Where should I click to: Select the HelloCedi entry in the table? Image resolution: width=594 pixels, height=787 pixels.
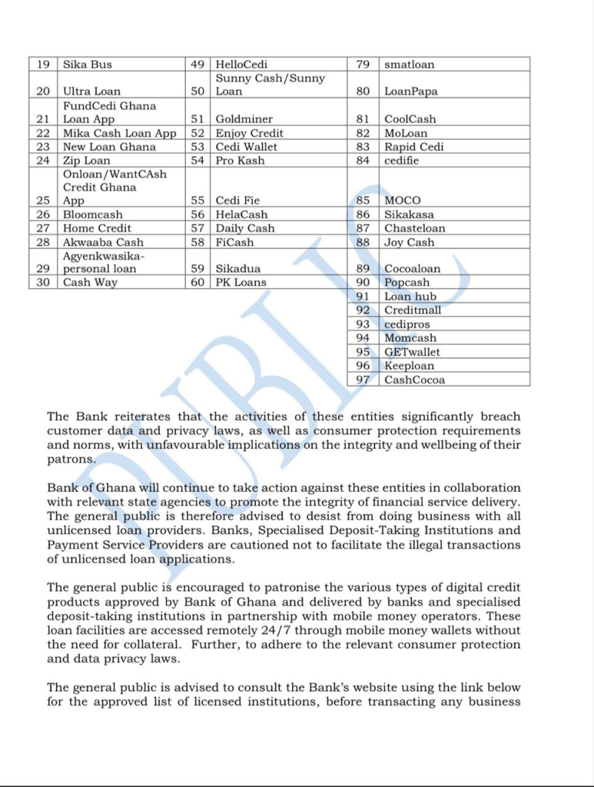pyautogui.click(x=241, y=65)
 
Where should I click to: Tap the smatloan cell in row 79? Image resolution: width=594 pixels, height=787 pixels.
pyautogui.click(x=409, y=65)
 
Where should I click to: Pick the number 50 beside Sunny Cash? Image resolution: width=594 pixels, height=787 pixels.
pyautogui.click(x=197, y=91)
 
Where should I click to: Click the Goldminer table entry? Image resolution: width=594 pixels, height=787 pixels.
pyautogui.click(x=244, y=119)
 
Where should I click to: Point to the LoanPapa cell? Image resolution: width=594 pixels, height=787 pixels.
pyautogui.click(x=411, y=91)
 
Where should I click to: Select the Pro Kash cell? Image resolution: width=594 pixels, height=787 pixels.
pyautogui.click(x=240, y=161)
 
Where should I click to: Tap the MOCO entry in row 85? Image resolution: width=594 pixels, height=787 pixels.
pyautogui.click(x=403, y=201)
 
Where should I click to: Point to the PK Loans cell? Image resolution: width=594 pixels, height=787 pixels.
pyautogui.click(x=241, y=282)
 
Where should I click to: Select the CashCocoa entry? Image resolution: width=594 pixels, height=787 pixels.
pyautogui.click(x=414, y=380)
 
